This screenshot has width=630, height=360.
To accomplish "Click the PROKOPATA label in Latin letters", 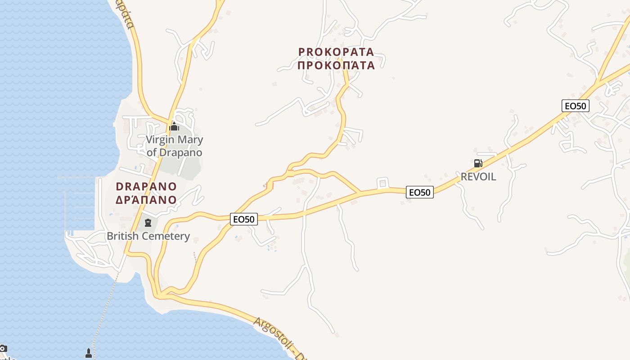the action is (x=336, y=52).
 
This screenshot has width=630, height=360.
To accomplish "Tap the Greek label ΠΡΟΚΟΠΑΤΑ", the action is (x=336, y=65).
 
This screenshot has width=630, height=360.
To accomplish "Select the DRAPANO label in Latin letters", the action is (x=146, y=186).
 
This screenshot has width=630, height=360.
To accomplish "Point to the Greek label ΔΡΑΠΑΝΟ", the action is (x=146, y=199).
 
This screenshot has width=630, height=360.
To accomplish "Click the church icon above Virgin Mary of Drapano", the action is (x=174, y=126).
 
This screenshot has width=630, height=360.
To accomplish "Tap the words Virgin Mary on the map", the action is (x=174, y=139).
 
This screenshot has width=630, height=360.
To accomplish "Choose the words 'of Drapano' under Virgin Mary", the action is (x=174, y=152).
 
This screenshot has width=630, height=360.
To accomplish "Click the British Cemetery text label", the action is (x=148, y=236).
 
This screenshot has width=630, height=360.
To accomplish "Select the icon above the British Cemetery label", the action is (x=148, y=222).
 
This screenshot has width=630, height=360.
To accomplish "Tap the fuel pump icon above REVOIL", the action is (x=478, y=163).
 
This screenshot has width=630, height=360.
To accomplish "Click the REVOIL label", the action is (x=478, y=176).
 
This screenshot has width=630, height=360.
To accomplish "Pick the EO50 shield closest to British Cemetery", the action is (x=244, y=219).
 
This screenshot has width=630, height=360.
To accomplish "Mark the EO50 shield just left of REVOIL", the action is (x=419, y=192).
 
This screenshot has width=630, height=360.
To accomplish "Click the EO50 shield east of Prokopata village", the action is (x=576, y=106).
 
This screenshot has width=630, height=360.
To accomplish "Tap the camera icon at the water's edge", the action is (x=3, y=348).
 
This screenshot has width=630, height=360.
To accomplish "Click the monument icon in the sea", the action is (x=89, y=353).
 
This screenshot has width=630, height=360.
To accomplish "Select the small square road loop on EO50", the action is (x=383, y=183).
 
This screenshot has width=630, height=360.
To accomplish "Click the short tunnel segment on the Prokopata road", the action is (x=290, y=173).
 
